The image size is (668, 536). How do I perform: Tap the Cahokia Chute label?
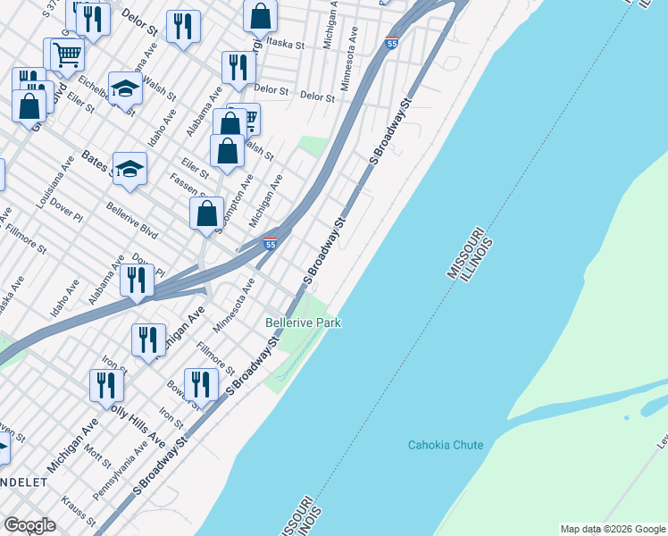[446, 445]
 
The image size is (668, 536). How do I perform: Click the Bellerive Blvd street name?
[131, 221]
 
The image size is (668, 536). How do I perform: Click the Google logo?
[30, 525]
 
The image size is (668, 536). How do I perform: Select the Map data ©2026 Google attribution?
[613, 529]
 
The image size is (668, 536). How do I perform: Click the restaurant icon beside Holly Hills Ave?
[106, 385]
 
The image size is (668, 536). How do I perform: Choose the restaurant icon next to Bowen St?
[201, 383]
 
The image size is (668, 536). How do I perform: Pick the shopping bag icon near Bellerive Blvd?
[206, 214]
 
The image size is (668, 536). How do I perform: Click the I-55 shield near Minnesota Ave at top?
[392, 41]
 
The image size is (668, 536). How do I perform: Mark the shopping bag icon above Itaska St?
[260, 14]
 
